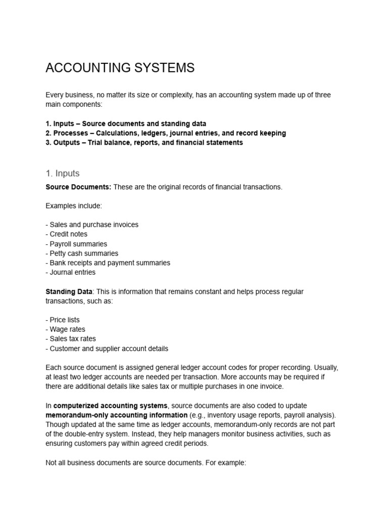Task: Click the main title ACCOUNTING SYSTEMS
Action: point(120,68)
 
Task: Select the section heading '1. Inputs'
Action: point(62,174)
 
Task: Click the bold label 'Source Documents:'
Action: point(78,187)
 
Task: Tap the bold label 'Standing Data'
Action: point(69,292)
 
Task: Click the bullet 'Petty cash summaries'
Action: point(82,253)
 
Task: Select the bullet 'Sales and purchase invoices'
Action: point(92,225)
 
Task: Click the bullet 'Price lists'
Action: point(63,320)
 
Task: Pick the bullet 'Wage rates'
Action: point(65,329)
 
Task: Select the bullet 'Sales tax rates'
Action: point(70,339)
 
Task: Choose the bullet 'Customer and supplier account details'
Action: point(107,349)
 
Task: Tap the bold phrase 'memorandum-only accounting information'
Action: point(116,415)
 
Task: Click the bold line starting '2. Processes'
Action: point(165,133)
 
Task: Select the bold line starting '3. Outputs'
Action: point(144,143)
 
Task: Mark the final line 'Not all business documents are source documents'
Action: point(145,462)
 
